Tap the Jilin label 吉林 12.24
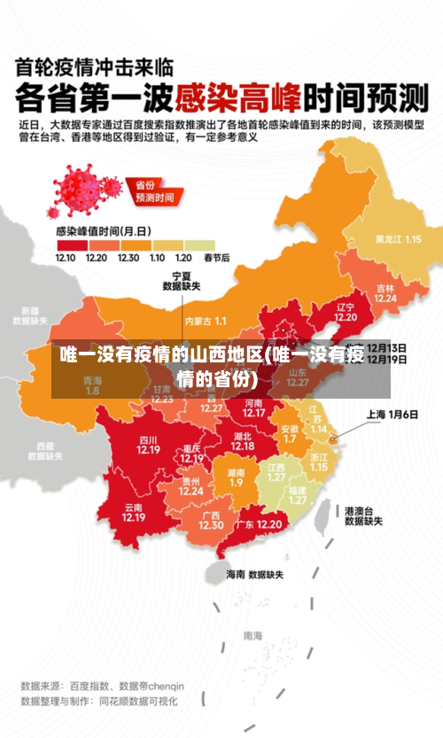385,292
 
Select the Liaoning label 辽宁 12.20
346,312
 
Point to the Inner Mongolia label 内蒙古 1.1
206,321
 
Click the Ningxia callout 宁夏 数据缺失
181,281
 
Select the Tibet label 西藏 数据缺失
46,451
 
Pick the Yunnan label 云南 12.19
134,512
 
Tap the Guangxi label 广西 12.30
211,520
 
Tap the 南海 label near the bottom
253,635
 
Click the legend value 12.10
66,258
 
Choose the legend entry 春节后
217,258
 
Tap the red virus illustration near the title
84,186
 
